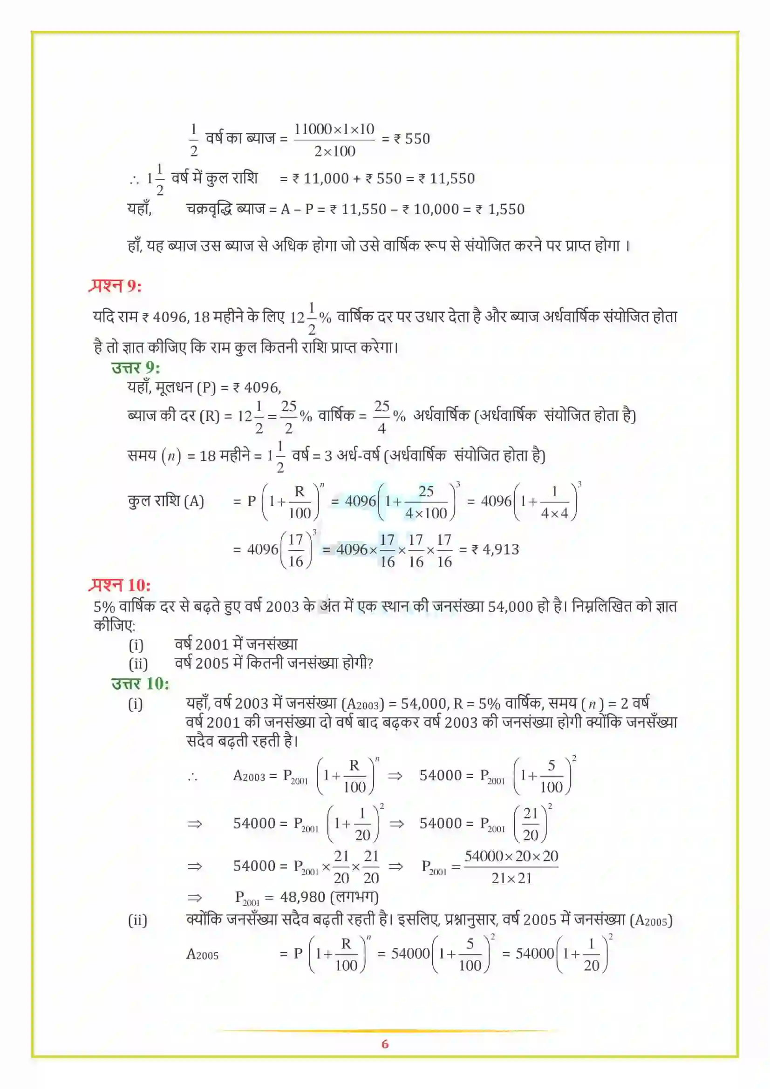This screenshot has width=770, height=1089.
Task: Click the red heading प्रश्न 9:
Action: [x=115, y=286]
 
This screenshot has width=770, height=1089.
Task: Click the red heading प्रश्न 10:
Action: [x=120, y=585]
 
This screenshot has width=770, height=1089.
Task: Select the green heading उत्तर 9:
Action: [x=136, y=368]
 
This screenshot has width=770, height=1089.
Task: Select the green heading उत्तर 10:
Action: [x=140, y=683]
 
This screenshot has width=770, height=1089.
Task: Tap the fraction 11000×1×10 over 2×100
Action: [x=334, y=140]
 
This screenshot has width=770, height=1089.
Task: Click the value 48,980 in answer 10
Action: [x=302, y=897]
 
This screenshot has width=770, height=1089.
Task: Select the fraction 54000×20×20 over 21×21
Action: [x=511, y=867]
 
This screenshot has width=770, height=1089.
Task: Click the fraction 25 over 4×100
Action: [x=426, y=502]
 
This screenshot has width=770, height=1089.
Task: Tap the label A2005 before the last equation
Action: [x=202, y=954]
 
